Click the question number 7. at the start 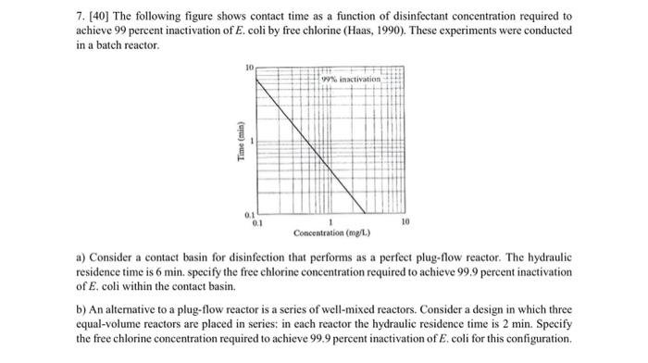click(x=81, y=17)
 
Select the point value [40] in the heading click(x=100, y=17)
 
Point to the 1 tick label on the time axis click(x=251, y=141)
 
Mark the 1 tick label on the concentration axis click(x=330, y=223)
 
